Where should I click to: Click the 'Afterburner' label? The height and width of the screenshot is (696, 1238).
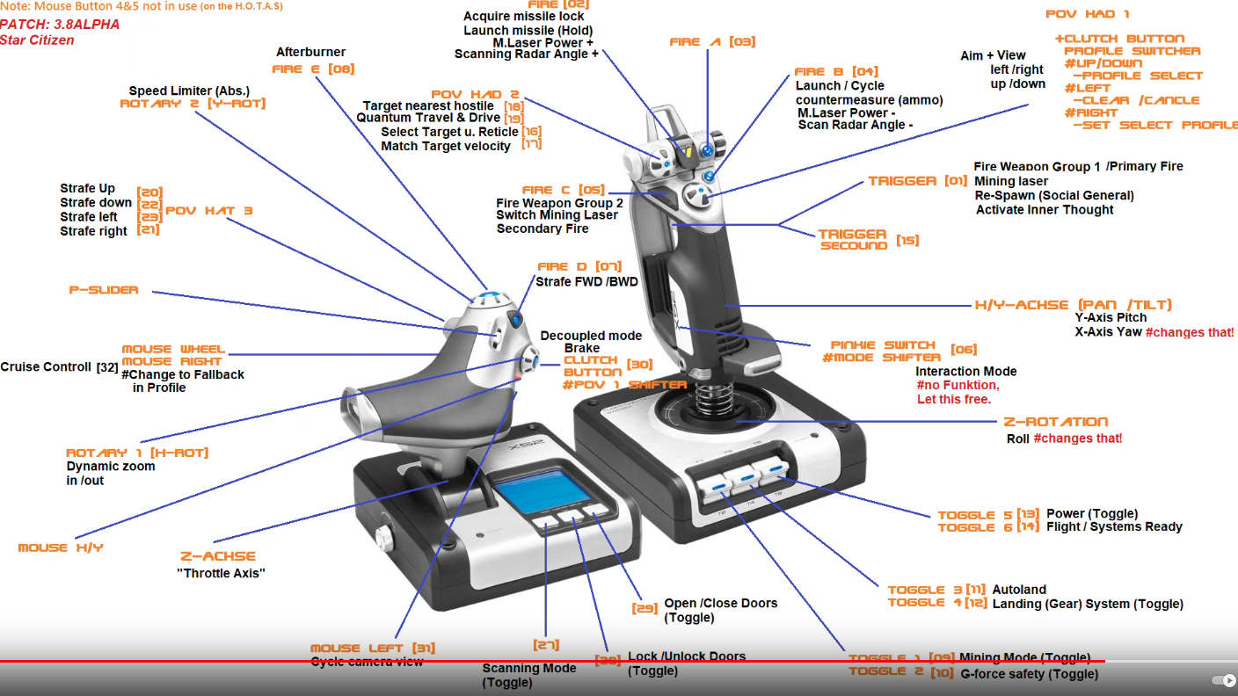pyautogui.click(x=310, y=52)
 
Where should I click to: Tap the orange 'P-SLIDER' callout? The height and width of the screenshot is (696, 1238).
pyautogui.click(x=104, y=290)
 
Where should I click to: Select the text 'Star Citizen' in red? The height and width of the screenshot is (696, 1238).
pyautogui.click(x=37, y=40)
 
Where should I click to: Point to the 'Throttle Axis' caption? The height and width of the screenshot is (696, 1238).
pyautogui.click(x=221, y=573)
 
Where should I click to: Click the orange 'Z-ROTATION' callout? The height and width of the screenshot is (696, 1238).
pyautogui.click(x=1055, y=422)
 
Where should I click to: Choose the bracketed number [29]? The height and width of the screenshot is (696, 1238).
pyautogui.click(x=644, y=608)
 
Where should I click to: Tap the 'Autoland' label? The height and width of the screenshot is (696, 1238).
pyautogui.click(x=1019, y=590)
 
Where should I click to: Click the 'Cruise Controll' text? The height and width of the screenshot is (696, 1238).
pyautogui.click(x=46, y=366)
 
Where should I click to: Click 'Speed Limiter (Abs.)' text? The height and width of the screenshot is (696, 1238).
pyautogui.click(x=189, y=91)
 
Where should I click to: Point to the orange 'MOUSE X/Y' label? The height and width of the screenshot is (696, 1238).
pyautogui.click(x=61, y=547)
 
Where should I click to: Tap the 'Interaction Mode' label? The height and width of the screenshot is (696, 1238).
pyautogui.click(x=965, y=371)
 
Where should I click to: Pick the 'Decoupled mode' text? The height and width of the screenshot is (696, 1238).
pyautogui.click(x=591, y=336)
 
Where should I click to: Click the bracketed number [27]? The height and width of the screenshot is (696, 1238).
pyautogui.click(x=546, y=645)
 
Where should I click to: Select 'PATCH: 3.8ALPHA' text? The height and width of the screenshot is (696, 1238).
pyautogui.click(x=60, y=25)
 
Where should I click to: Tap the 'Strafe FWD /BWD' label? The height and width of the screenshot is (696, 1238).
pyautogui.click(x=587, y=282)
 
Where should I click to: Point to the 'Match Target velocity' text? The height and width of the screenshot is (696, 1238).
pyautogui.click(x=446, y=146)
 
